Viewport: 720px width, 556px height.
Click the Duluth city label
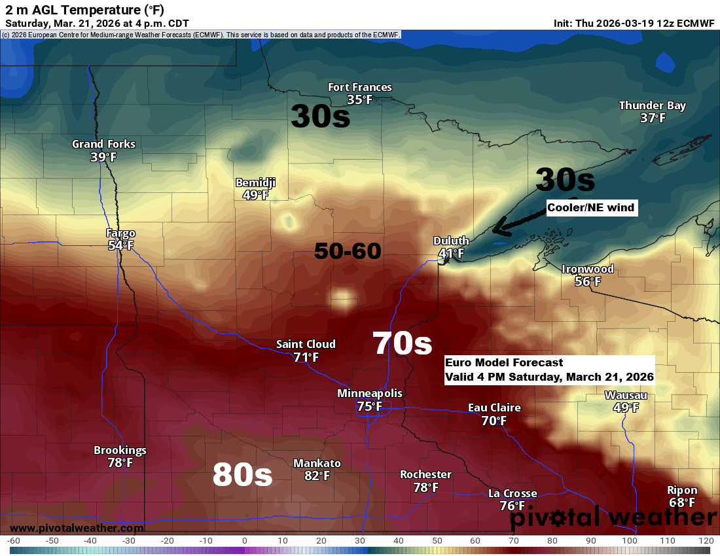point(451,241)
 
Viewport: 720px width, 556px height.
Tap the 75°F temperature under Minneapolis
point(369,406)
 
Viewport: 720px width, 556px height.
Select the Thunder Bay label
point(652,105)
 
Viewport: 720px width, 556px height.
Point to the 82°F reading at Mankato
point(317,476)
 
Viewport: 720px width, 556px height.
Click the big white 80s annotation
point(242,476)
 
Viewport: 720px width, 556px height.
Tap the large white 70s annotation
point(402,343)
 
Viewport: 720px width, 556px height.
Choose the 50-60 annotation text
point(348,251)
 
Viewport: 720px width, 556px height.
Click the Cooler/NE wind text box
point(591,208)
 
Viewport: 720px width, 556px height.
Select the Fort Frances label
point(359,87)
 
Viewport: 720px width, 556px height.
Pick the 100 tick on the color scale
point(629,540)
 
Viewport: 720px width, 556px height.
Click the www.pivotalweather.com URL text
point(77,528)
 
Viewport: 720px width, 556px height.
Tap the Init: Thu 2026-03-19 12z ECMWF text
point(634,23)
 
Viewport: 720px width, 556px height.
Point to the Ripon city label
point(681,490)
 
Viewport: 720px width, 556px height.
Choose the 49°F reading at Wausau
point(626,408)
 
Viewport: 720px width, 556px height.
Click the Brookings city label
point(120,450)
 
